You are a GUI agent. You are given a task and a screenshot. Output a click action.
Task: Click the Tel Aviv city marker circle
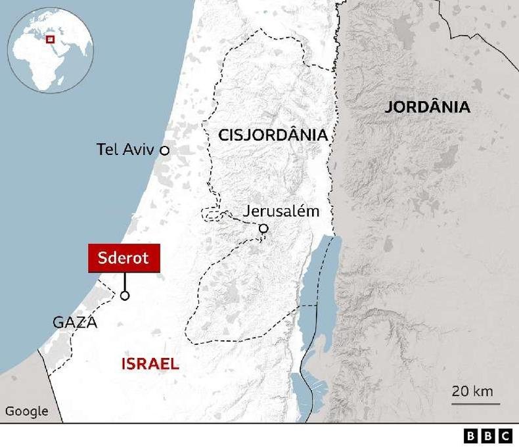coord(165,150)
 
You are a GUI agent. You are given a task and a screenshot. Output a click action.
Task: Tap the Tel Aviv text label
coord(125,150)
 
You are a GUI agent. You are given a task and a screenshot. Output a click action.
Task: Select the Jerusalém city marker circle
coord(263,229)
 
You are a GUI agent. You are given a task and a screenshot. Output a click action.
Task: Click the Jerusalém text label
coord(281,212)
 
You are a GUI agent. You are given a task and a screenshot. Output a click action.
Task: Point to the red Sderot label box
coord(124,258)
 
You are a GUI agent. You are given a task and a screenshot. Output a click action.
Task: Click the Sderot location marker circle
coord(125,296)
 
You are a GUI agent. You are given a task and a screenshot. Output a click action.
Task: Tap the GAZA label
coord(75,323)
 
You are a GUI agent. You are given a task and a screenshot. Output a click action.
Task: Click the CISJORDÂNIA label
coord(273,135)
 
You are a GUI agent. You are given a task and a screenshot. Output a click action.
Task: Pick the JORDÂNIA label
coord(428,108)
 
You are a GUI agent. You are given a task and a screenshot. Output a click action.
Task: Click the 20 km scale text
coord(472,392)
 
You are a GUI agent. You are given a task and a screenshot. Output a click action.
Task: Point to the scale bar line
coord(476,403)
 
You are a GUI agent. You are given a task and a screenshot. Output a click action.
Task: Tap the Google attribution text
coord(27,412)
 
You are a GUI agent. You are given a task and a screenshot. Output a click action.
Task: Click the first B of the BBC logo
coord(470,436)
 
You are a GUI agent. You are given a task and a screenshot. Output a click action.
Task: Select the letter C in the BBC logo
coord(505,436)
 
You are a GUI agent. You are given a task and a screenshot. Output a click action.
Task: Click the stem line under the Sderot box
coord(125,280)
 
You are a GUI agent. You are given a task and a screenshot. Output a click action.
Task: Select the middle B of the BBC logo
coord(487,436)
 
